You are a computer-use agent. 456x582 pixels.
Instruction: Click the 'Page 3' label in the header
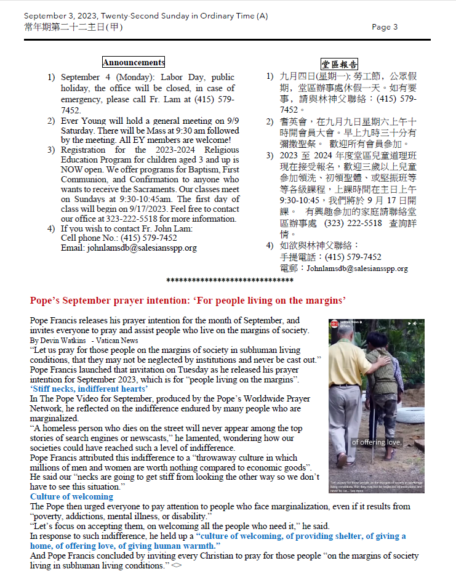[x=385, y=26]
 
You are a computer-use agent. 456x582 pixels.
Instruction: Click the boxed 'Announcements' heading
[x=134, y=62]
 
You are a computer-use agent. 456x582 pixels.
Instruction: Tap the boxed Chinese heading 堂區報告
[x=340, y=64]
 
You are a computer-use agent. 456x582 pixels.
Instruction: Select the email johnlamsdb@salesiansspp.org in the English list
[x=129, y=248]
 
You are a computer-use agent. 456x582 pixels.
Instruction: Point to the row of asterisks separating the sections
[x=230, y=281]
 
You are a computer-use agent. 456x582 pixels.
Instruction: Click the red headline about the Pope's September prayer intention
[x=188, y=301]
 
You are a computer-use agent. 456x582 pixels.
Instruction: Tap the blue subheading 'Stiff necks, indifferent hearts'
[x=89, y=389]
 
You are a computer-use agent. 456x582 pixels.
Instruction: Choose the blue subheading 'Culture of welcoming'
[x=72, y=496]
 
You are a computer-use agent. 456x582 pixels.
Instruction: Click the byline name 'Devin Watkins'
[x=65, y=341]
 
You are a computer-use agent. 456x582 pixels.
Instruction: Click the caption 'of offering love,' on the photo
[x=377, y=442]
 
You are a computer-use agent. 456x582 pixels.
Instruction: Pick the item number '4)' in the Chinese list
[x=270, y=246]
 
